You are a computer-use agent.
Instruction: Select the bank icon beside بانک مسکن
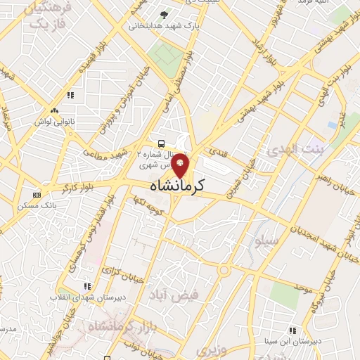click(x=37, y=195)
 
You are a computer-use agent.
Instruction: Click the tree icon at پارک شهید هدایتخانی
click(x=164, y=15)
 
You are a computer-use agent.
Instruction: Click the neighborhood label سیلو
click(x=268, y=241)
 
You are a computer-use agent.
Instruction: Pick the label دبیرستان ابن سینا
click(x=291, y=341)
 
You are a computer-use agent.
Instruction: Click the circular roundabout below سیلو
click(x=224, y=270)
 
